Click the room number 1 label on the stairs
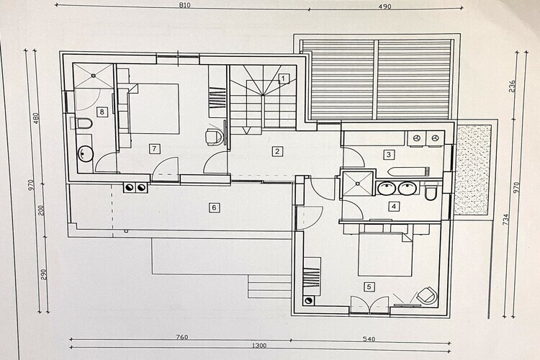click(284, 79)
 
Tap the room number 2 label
click(277, 151)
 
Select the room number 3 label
click(389, 155)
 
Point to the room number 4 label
click(394, 207)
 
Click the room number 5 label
click(369, 287)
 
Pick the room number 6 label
click(215, 207)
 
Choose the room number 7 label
click(154, 149)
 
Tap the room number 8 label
click(102, 112)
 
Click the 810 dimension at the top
click(184, 5)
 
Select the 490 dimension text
click(384, 6)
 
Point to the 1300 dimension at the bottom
click(259, 346)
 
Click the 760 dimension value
click(181, 337)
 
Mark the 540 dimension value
click(369, 339)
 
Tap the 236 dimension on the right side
click(512, 86)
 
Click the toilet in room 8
click(81, 123)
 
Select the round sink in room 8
click(85, 153)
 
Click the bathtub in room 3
click(409, 171)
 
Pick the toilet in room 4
click(431, 193)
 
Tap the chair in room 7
click(214, 136)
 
